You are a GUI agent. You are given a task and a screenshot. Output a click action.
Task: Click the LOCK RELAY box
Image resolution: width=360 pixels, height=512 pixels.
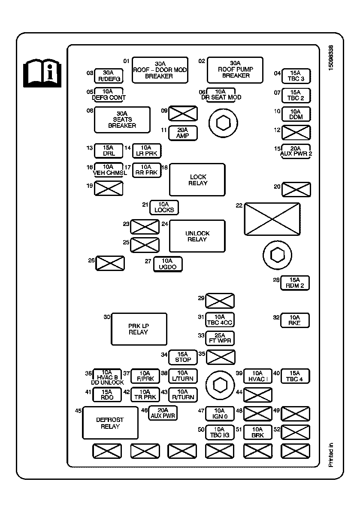197,180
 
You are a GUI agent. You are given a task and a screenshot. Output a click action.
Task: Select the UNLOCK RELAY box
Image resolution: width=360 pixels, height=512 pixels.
197,236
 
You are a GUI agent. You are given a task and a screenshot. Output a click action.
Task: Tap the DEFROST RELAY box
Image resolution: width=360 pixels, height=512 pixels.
110,423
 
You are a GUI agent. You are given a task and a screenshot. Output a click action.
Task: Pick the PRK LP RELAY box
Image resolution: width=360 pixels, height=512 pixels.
139,329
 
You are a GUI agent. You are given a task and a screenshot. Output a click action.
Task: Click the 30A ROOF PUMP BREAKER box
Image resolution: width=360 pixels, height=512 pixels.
235,69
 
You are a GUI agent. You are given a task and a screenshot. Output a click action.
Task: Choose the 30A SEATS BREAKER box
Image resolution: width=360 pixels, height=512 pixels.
122,120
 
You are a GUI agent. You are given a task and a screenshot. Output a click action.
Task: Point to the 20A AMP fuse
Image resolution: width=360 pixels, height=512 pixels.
183,133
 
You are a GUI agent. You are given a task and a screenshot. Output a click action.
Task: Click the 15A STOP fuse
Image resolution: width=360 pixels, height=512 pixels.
183,357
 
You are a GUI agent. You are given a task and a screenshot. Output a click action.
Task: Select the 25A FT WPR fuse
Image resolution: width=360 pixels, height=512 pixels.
220,338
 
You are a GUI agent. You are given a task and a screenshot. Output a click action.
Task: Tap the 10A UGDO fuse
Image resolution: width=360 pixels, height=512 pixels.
167,264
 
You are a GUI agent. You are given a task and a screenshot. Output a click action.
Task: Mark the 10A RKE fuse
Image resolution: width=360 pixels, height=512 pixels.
295,320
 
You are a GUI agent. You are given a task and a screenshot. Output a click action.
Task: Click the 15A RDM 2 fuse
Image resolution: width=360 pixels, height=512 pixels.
295,283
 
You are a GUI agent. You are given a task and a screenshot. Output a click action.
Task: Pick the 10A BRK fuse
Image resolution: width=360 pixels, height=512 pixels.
257,432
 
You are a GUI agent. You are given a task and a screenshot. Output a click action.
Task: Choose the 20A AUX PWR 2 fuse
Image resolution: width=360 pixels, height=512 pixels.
296,151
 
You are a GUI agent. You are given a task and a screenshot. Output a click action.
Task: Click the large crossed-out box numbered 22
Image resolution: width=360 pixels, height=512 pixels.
272,219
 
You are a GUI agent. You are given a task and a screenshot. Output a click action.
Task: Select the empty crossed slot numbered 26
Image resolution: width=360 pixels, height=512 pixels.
110,263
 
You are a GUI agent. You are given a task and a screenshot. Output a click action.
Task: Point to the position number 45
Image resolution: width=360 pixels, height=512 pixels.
78,411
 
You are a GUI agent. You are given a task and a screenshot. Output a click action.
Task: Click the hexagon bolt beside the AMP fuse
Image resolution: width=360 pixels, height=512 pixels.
223,123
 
